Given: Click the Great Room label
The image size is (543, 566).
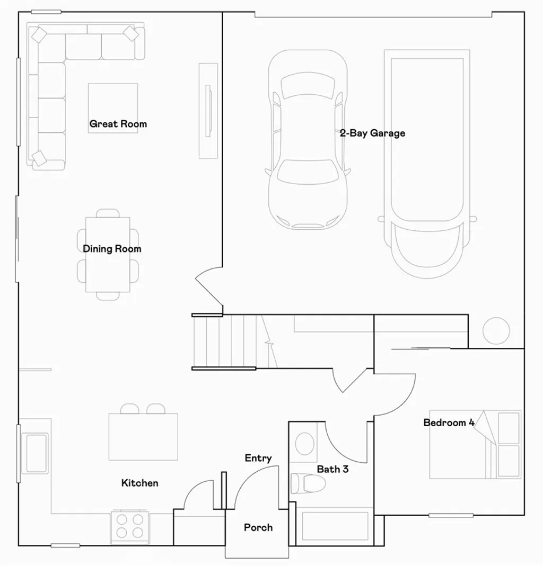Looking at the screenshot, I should click(x=118, y=124).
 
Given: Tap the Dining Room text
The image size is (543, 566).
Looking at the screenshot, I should click(x=112, y=249).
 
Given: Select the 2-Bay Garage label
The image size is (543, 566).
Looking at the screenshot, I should click(x=372, y=133).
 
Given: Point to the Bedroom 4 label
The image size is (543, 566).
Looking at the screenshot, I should click(x=449, y=423).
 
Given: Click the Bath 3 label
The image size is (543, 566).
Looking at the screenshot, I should click(x=332, y=469).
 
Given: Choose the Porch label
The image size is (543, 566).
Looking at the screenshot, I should click(x=258, y=527).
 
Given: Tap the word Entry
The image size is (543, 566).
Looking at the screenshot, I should click(x=258, y=458).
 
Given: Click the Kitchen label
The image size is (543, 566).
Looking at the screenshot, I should click(x=139, y=483).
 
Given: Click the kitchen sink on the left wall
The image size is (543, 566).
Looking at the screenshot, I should click(x=37, y=453).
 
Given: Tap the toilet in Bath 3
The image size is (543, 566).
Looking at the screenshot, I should click(x=308, y=483).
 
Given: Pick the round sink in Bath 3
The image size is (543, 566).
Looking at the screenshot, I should click(x=305, y=444).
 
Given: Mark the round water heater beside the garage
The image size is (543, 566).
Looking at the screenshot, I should click(x=496, y=330).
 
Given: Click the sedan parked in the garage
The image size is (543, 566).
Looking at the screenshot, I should click(x=308, y=140).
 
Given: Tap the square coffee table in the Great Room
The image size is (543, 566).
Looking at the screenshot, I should click(x=113, y=107).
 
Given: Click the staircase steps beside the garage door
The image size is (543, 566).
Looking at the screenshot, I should click(x=223, y=342).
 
